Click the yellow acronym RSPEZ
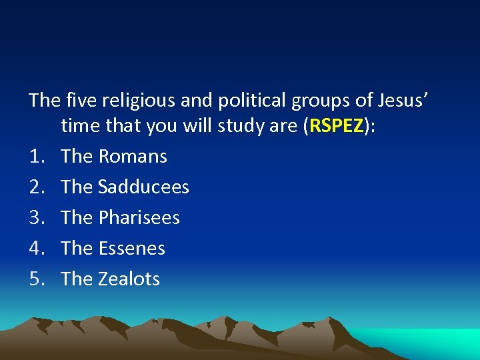click(x=336, y=126)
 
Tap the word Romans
click(x=133, y=157)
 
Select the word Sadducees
click(x=143, y=187)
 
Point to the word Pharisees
click(x=139, y=218)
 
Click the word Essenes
click(x=131, y=249)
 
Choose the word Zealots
click(x=129, y=279)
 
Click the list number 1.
click(x=36, y=157)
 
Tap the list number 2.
click(x=36, y=187)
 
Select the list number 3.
click(x=36, y=218)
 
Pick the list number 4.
click(x=36, y=249)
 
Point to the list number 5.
click(x=36, y=279)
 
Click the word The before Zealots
click(x=77, y=279)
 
